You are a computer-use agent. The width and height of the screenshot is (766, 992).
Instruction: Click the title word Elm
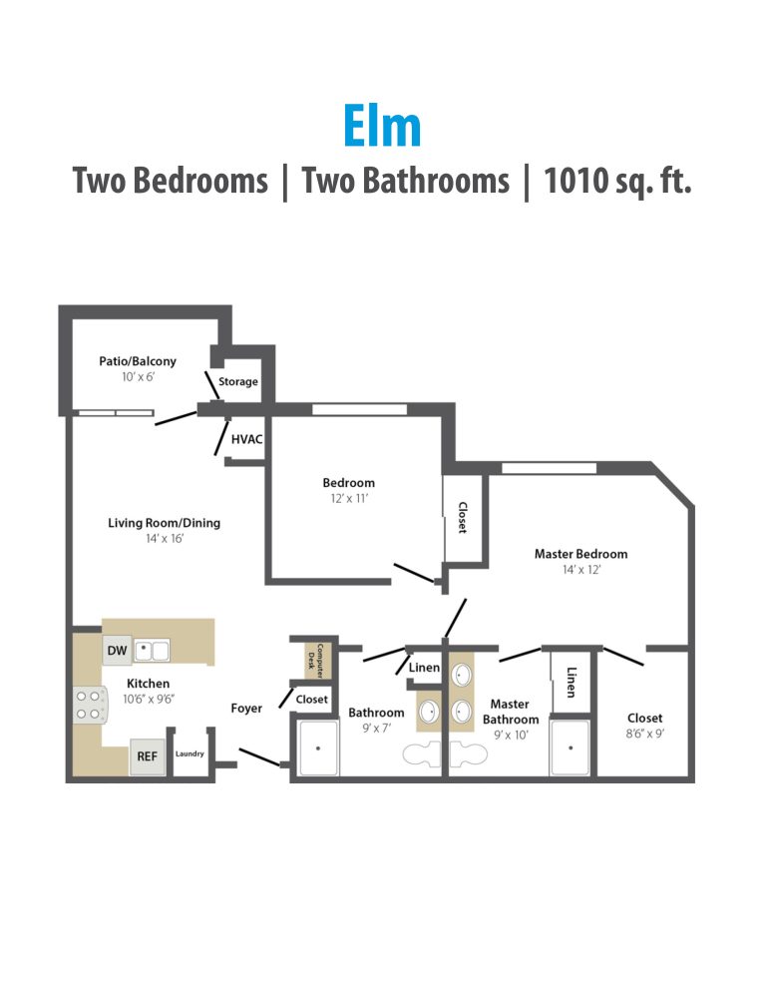[382, 127]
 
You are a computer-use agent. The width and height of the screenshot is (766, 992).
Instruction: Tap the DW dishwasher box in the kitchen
[117, 651]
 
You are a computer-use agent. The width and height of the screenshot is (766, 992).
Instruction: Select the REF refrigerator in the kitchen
[147, 756]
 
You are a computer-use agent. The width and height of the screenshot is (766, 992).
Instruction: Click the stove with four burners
[88, 705]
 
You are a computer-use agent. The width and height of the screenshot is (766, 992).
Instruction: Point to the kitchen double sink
[153, 651]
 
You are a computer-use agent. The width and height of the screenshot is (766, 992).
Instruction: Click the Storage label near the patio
[238, 381]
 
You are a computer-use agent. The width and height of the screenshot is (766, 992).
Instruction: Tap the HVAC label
[246, 438]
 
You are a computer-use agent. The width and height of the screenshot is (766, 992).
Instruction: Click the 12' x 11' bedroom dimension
[348, 498]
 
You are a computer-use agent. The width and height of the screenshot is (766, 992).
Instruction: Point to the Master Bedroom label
[580, 554]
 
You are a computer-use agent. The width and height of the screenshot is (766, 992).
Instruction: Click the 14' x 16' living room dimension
[164, 538]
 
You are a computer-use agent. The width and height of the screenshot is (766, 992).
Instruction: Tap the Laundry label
[190, 753]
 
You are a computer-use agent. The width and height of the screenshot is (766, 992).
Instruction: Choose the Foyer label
[246, 709]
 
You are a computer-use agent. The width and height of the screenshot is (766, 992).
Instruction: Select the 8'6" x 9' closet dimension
[644, 735]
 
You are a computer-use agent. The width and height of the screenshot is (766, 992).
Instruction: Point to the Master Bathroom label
[511, 712]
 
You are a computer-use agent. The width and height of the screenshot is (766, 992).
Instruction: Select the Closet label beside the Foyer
[312, 700]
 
